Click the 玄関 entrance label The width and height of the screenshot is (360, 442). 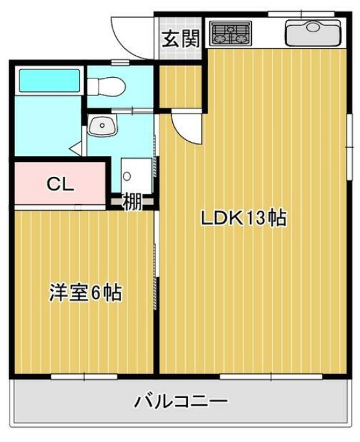180,40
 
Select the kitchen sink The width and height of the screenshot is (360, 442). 313,32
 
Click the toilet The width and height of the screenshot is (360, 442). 106,85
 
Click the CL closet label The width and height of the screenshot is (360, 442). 60,183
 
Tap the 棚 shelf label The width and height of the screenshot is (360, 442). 132,202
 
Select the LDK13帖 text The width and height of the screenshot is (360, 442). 243,218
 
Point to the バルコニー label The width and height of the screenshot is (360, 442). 181,402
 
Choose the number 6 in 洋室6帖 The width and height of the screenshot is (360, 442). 95,293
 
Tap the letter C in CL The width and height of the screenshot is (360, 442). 52,183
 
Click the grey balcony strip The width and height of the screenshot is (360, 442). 78,402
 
